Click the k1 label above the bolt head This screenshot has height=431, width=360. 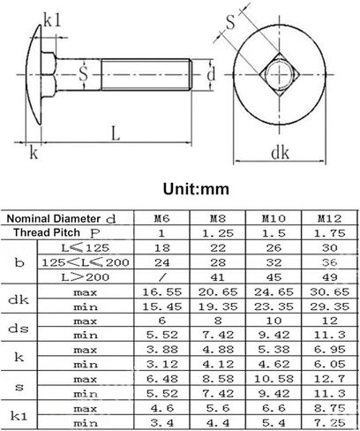[x=52, y=20]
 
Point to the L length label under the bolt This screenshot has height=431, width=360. [x=116, y=133]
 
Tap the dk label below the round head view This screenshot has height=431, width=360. [x=280, y=153]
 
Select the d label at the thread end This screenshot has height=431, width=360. [x=211, y=74]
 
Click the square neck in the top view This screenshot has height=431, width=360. [x=279, y=74]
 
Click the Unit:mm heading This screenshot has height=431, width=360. [x=196, y=189]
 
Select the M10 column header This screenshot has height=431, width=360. [x=274, y=218]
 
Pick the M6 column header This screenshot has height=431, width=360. [x=161, y=218]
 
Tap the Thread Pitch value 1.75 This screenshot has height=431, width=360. [x=329, y=233]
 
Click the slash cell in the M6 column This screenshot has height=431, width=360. [x=162, y=277]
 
